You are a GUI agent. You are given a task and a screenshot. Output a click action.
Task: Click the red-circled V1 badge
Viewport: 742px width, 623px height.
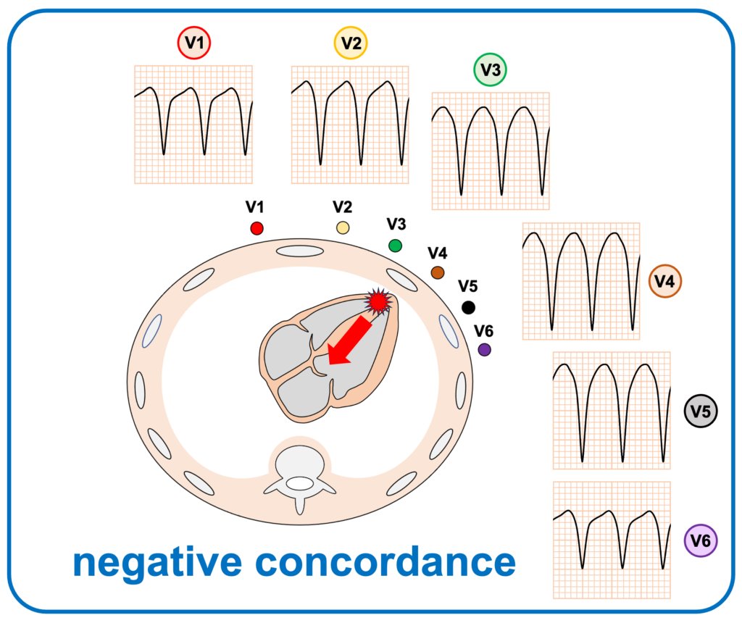pos(194,43)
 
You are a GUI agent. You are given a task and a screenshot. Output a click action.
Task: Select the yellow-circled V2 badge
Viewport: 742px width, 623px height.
pos(351,43)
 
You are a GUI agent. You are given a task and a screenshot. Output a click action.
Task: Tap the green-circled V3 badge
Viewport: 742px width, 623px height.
pos(491,70)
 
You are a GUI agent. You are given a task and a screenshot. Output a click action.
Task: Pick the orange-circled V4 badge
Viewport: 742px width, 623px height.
pos(664,282)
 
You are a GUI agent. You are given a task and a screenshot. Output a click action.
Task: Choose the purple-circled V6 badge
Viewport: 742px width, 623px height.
pos(701,540)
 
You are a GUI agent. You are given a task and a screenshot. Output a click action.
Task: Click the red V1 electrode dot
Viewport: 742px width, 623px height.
pos(256,228)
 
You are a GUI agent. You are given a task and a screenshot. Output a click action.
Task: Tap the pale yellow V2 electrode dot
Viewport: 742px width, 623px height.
pos(343,228)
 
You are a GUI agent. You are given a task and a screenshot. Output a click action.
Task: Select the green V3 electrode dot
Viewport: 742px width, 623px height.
pos(395,246)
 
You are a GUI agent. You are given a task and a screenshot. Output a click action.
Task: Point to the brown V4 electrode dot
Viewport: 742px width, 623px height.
pos(437,272)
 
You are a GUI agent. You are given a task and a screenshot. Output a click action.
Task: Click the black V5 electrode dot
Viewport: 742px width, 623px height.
pos(469,308)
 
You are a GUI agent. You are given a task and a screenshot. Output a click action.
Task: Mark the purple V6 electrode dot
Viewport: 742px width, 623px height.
pos(485,350)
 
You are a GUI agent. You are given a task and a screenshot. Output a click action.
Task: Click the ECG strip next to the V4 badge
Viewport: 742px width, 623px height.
pos(580,281)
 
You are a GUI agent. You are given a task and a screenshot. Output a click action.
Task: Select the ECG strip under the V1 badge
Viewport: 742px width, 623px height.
pos(193,124)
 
